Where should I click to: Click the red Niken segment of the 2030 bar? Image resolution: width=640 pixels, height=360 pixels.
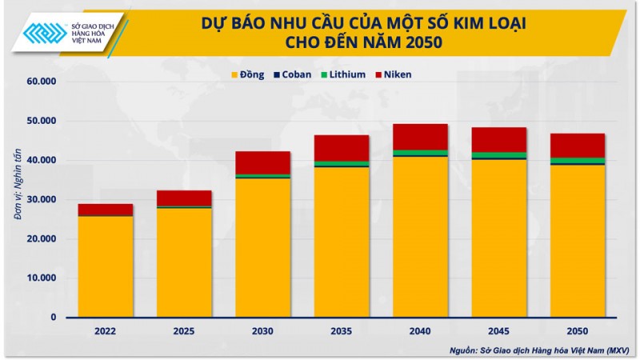click(262, 162)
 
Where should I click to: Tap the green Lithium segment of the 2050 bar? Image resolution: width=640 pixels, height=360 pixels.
click(577, 160)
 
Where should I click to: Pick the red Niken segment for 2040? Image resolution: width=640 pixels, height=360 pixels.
click(420, 136)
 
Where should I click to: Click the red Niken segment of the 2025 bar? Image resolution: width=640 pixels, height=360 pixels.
click(184, 198)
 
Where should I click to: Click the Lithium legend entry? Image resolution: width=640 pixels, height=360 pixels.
click(342, 74)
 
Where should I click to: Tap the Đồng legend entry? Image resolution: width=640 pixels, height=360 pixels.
click(247, 74)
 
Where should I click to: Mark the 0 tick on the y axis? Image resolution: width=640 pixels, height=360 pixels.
click(54, 318)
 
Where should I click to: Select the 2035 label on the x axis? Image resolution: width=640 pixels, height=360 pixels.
click(341, 330)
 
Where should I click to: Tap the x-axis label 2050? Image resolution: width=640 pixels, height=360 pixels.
click(577, 330)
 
